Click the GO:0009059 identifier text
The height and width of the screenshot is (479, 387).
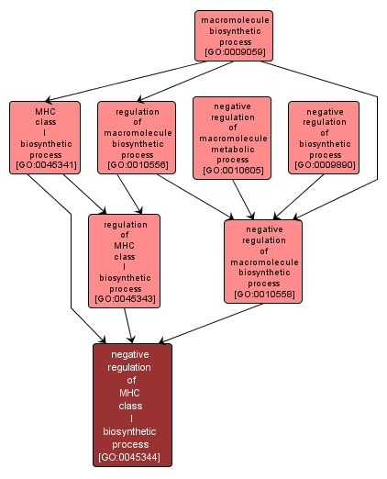(234, 52)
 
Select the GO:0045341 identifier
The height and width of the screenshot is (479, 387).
(44, 166)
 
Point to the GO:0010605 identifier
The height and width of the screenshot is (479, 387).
(232, 171)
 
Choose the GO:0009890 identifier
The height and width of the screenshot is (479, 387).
(324, 166)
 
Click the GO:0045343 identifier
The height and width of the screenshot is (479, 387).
(125, 299)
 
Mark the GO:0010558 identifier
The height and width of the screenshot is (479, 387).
(262, 295)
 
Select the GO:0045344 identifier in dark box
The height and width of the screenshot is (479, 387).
(132, 457)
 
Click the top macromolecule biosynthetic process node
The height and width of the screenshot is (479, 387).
(234, 35)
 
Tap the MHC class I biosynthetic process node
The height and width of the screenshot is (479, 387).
(44, 138)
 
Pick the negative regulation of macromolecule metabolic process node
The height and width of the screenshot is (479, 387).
(232, 138)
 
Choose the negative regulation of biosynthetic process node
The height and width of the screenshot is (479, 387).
(324, 138)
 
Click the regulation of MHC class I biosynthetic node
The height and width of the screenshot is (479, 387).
(125, 261)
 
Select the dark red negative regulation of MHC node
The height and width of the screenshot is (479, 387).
(132, 404)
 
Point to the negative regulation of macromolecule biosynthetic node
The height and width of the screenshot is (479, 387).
(262, 261)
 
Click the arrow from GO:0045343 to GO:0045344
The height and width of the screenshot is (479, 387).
(130, 326)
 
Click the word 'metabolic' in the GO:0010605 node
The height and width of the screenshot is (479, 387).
(232, 149)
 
